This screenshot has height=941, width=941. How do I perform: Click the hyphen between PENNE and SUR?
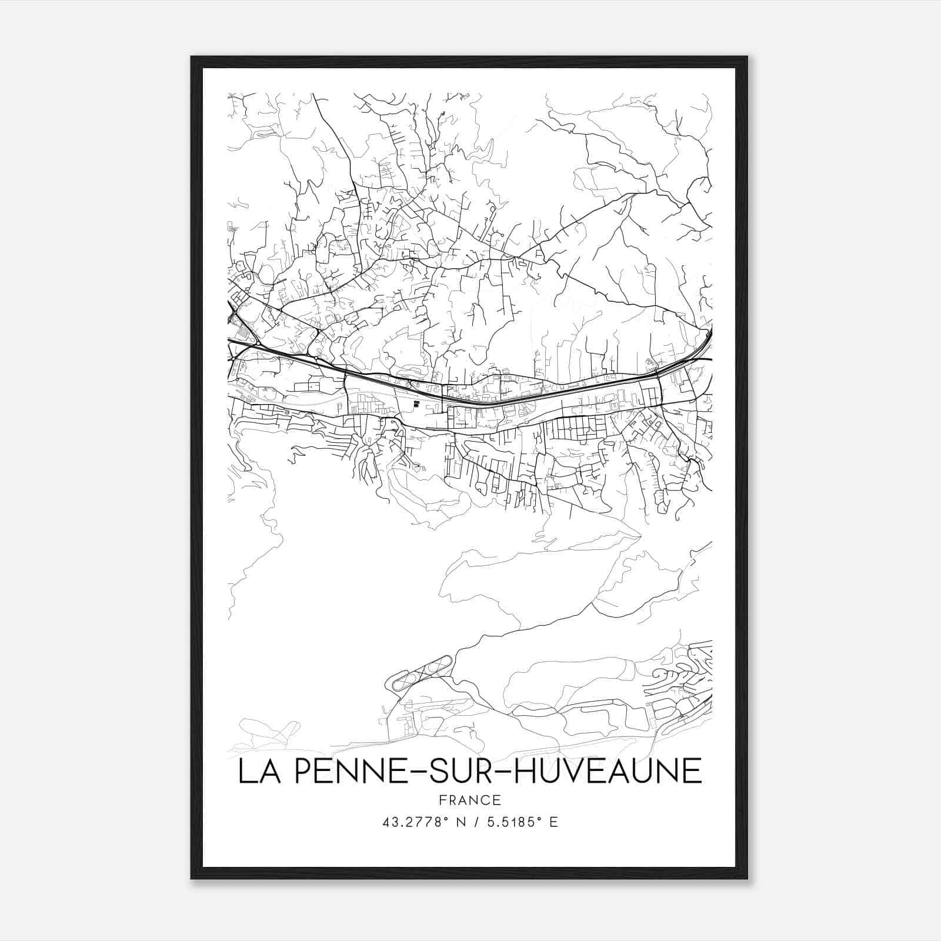[x=405, y=773]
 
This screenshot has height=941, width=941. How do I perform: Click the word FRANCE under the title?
[x=469, y=800]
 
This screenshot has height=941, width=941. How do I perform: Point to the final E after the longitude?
[x=553, y=822]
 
